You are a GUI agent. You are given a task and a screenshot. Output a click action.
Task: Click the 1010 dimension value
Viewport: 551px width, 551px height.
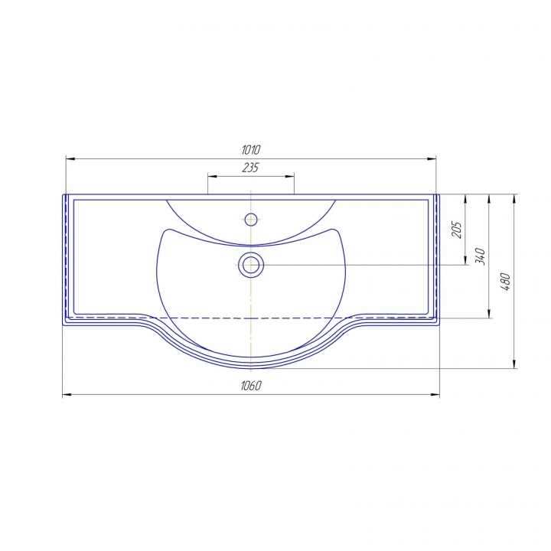pos(251,150)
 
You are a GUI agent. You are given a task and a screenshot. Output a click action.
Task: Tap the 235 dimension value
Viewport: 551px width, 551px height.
pos(250,168)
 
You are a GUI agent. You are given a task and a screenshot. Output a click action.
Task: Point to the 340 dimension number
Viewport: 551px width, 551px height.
pos(480,256)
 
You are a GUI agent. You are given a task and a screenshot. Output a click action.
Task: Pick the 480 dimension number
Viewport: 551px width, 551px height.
pos(505,282)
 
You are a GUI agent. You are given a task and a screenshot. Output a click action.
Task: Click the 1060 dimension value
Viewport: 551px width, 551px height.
pos(251,386)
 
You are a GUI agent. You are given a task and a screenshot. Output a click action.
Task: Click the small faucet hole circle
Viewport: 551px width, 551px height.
pos(251,220)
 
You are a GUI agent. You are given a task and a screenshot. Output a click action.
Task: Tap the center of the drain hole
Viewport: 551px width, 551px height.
pos(251,265)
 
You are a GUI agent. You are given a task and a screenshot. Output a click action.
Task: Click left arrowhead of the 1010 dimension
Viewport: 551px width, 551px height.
pos(70,159)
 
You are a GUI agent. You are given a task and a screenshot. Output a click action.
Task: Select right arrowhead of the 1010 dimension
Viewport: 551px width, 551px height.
pos(432,159)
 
